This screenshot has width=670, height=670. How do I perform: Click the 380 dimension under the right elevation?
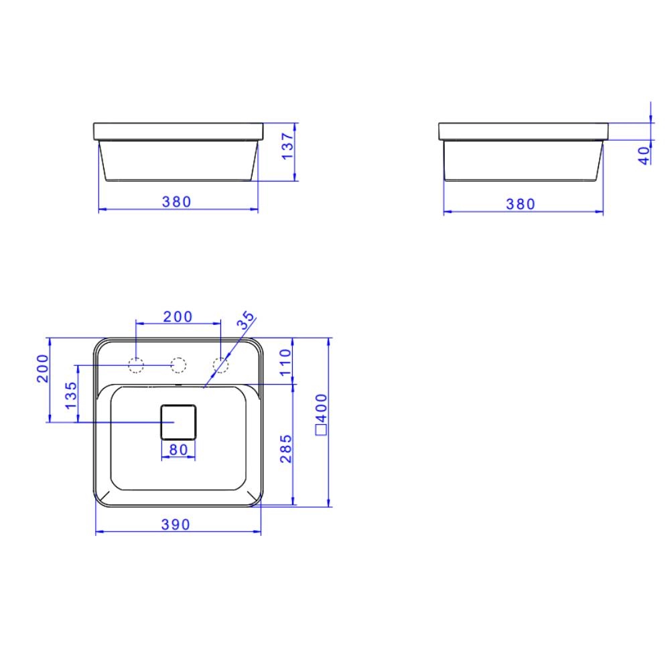click(x=521, y=204)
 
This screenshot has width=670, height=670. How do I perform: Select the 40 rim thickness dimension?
click(x=644, y=156)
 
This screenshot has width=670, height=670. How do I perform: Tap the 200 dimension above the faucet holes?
click(x=178, y=316)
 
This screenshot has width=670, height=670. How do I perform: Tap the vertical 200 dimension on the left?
click(x=42, y=368)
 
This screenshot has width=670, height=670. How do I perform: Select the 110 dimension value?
click(x=285, y=362)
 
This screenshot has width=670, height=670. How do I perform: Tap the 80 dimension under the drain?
click(x=178, y=450)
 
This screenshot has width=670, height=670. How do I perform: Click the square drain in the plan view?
click(x=178, y=421)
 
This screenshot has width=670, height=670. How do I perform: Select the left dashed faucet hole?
click(x=137, y=365)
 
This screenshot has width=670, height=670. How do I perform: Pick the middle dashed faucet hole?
click(x=178, y=365)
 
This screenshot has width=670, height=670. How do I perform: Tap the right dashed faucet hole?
click(x=220, y=365)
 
